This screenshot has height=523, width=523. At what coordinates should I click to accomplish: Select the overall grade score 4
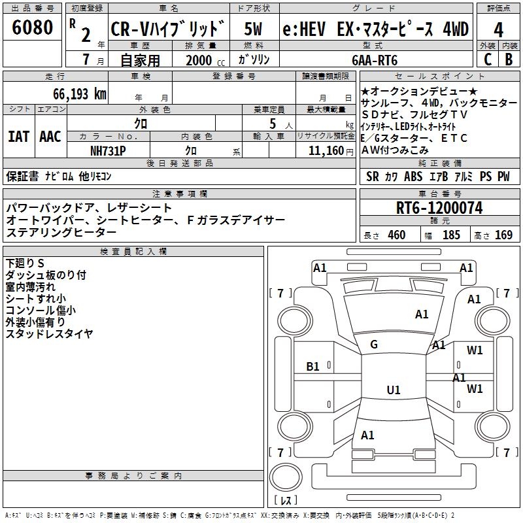pos(498,31)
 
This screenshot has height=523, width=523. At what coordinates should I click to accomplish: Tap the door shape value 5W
pos(254,29)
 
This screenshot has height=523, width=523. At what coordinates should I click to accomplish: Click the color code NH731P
pos(108,150)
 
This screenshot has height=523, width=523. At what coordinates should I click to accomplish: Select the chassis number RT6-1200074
pos(439,209)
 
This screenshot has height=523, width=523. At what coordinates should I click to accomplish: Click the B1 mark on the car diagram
pos(313,367)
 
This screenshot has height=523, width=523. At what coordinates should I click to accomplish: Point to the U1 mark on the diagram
pos(393,390)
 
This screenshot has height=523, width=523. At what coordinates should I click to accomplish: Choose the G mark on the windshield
pos(374,345)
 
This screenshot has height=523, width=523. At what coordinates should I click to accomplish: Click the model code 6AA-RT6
pos(375,60)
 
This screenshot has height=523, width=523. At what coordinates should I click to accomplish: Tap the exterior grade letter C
pos(487,59)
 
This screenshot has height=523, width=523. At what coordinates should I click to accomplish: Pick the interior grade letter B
pos(509,59)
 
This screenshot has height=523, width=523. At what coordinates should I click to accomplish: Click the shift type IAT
pos(18,137)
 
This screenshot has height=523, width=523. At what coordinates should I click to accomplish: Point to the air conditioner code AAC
pos(50,137)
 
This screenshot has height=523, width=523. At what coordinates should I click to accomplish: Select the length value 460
pos(396,235)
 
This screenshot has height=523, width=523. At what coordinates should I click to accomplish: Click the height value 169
pos(503,235)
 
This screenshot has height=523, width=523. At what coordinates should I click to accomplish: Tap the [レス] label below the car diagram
pos(285,501)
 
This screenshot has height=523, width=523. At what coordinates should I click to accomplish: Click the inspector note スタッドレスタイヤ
pos(49,334)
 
